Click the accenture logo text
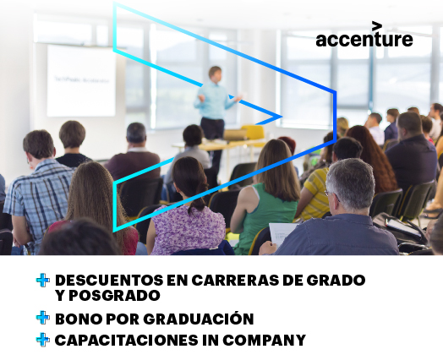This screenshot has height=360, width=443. click(x=364, y=40)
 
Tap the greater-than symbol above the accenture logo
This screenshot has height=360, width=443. click(x=377, y=25)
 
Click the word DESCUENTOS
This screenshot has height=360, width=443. click(x=109, y=280)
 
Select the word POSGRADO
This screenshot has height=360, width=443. click(x=114, y=295)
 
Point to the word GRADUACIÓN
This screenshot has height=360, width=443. click(x=199, y=318)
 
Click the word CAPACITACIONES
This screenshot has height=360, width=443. click(x=126, y=340)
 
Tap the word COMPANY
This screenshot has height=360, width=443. click(x=264, y=340)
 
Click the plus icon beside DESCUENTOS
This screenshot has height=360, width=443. click(x=43, y=280)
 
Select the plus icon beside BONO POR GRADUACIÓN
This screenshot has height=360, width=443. click(x=43, y=318)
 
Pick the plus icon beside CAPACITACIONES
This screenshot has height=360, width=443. click(x=43, y=340)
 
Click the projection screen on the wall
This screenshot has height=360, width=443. click(x=81, y=80)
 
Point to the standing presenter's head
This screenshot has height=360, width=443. click(x=215, y=74)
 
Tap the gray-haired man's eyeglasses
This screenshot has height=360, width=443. click(x=331, y=194)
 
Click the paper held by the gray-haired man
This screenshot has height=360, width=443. click(x=282, y=234)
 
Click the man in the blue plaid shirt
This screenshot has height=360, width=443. click(x=38, y=192)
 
